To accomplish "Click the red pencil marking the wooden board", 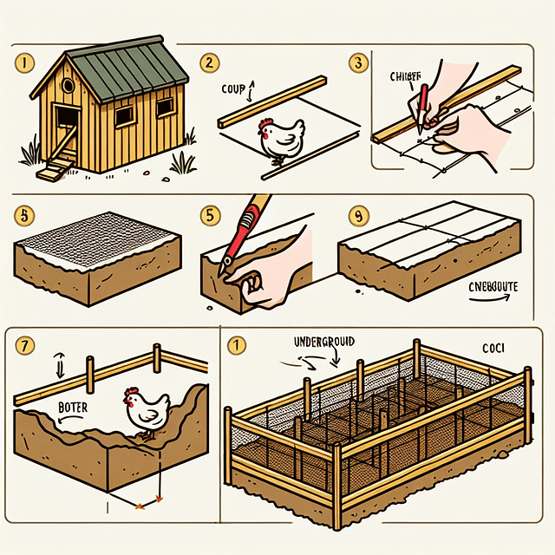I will click(x=421, y=108).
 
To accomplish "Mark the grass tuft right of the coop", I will click(x=183, y=162).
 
